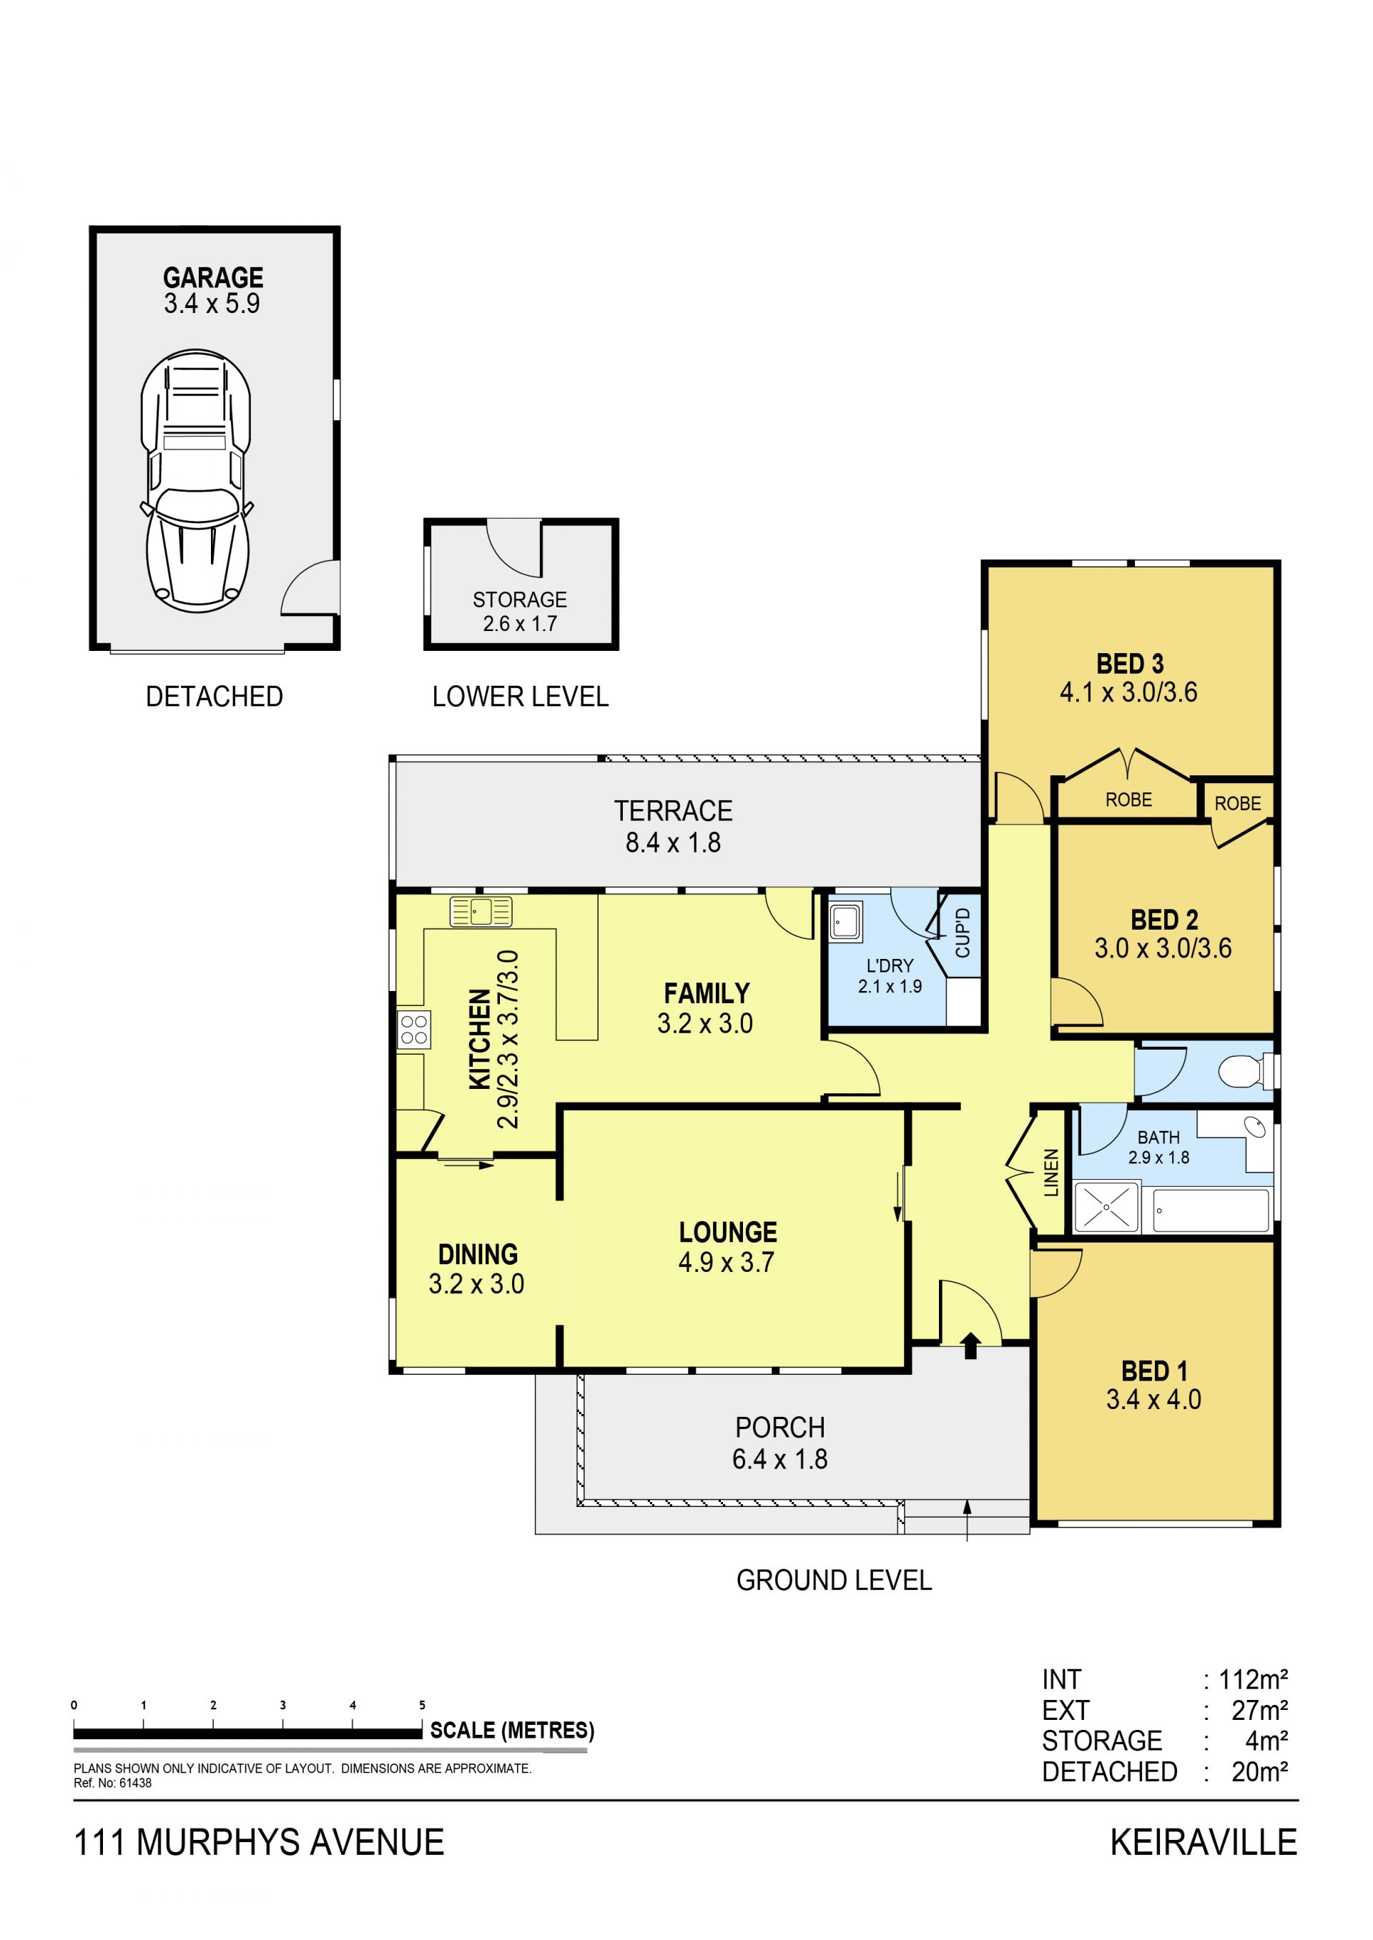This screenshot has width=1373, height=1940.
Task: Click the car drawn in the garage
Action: click(x=196, y=480)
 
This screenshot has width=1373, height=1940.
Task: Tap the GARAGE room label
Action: click(x=213, y=277)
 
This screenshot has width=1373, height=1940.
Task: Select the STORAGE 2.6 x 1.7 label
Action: click(x=520, y=611)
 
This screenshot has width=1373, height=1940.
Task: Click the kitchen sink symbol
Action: click(x=481, y=912)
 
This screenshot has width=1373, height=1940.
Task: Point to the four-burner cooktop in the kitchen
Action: click(x=413, y=1030)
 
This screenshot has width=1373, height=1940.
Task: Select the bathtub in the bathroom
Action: click(x=1211, y=1210)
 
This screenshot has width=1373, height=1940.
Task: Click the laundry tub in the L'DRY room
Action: click(x=845, y=922)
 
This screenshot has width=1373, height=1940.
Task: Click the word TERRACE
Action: click(x=673, y=811)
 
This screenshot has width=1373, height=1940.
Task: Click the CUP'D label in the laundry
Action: click(x=962, y=932)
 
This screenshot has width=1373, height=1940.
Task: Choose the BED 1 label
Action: click(x=1154, y=1371)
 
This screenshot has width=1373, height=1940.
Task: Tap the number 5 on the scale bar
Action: click(x=422, y=1705)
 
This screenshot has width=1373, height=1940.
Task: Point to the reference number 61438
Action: click(x=134, y=1783)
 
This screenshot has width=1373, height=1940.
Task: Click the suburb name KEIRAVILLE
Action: click(x=1203, y=1843)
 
